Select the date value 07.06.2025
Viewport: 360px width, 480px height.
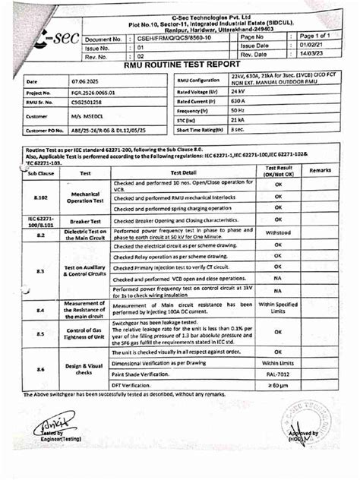[x=83, y=81]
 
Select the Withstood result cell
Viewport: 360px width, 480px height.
[x=278, y=234]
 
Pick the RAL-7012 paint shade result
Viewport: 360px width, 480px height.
[x=278, y=374]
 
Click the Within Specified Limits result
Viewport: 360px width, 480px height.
[x=278, y=307]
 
